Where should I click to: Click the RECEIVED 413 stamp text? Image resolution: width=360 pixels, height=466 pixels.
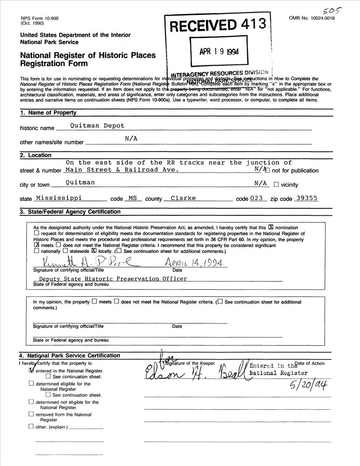tap(217, 26)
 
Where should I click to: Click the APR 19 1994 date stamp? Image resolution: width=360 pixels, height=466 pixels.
tap(219, 52)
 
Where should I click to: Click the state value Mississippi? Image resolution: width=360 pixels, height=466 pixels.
tap(59, 198)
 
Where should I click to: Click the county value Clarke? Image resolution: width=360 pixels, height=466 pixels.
tap(183, 198)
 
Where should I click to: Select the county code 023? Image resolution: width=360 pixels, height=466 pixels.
tap(256, 198)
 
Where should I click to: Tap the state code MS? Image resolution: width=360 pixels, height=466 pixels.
tap(132, 198)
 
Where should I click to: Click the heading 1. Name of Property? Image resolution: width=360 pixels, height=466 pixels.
tap(48, 113)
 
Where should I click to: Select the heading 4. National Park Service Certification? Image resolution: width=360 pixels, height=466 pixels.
tap(70, 356)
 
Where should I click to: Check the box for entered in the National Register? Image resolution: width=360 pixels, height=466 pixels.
tap(32, 370)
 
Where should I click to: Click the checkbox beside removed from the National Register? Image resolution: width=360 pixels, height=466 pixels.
tap(31, 414)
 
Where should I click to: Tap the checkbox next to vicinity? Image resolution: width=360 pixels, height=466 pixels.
tap(276, 185)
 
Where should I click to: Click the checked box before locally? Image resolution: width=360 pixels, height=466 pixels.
tap(94, 250)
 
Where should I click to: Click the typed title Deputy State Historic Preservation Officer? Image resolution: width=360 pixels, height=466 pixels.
tap(113, 279)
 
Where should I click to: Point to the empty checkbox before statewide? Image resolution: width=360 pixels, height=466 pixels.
tap(65, 250)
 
